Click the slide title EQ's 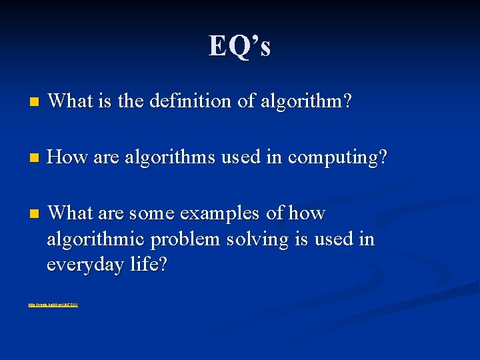[x=239, y=46]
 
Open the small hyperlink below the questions [x=53, y=305]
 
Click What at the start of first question [x=69, y=101]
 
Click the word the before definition [x=131, y=101]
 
